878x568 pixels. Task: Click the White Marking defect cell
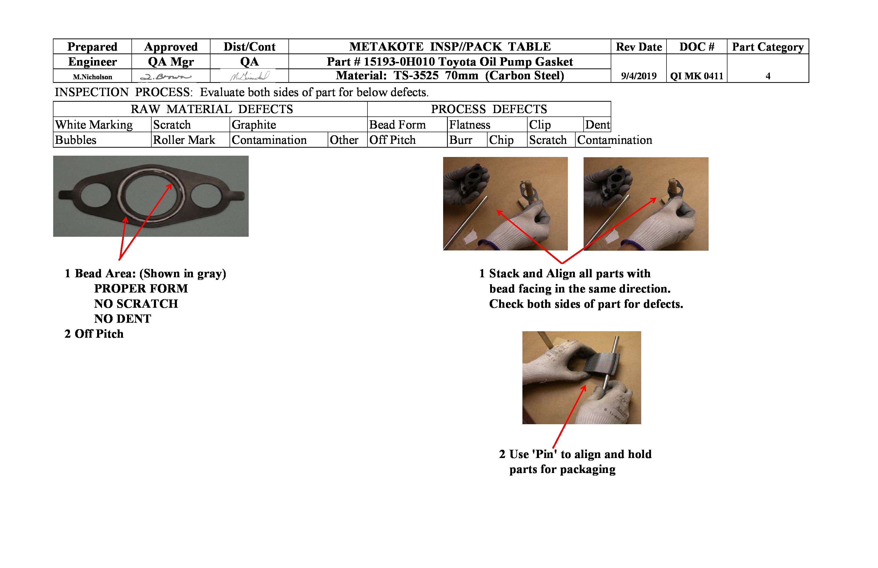click(94, 125)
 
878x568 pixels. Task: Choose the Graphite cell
click(254, 125)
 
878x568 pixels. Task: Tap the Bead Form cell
click(397, 125)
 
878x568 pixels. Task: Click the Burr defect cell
click(460, 140)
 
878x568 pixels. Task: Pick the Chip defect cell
click(501, 140)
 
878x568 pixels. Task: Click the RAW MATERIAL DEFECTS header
click(211, 109)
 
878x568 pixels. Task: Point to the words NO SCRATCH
click(136, 304)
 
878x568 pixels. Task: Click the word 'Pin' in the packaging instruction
click(544, 454)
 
